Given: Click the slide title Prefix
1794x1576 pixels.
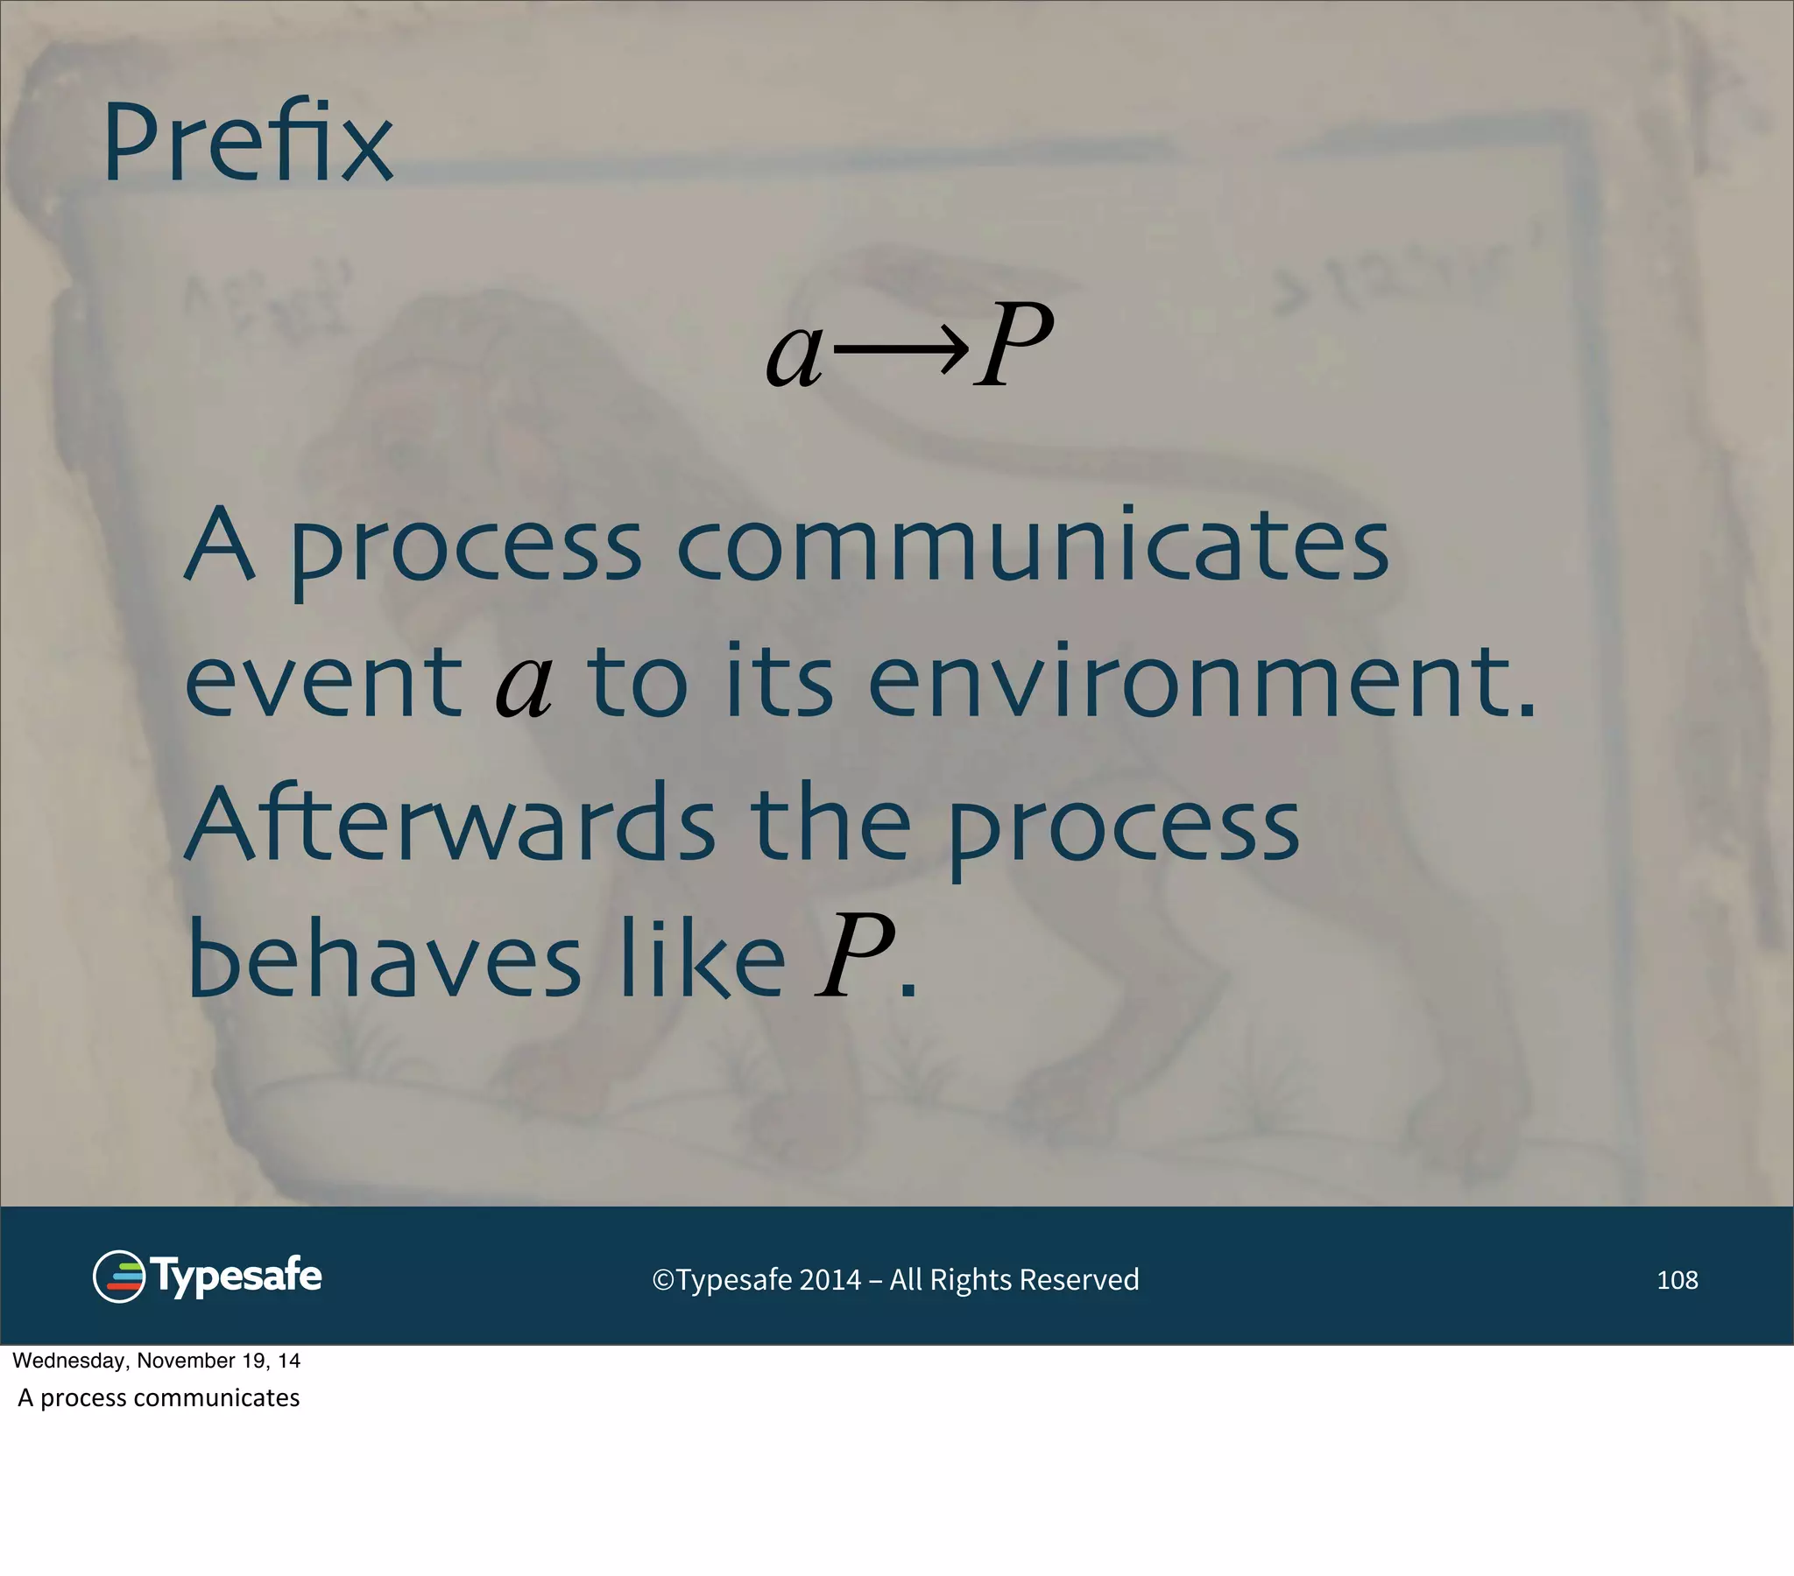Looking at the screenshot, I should pos(248,142).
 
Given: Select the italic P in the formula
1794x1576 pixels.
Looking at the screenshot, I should pos(1014,345).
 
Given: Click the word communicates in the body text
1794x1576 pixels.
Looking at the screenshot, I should pos(1032,545).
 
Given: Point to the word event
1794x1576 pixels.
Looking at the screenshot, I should pos(323,681).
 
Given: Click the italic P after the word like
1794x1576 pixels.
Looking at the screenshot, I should pos(854,957).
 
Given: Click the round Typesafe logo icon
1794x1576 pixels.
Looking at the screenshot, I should pos(118,1276).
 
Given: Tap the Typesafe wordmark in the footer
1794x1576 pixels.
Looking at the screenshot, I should pos(236,1276).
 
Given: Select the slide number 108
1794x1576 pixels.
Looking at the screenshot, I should pos(1677,1280).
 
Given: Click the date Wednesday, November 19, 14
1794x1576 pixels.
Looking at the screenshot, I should pos(156,1361).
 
